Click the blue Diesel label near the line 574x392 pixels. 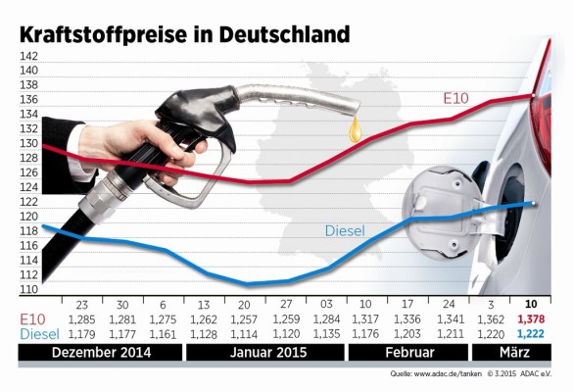(345, 230)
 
